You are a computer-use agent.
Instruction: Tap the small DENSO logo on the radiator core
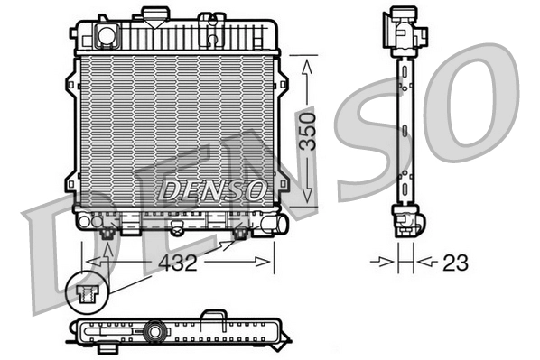(213, 189)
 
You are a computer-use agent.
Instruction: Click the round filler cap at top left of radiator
(107, 36)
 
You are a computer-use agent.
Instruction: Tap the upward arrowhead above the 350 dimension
(308, 66)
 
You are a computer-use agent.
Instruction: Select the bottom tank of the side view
(405, 219)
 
